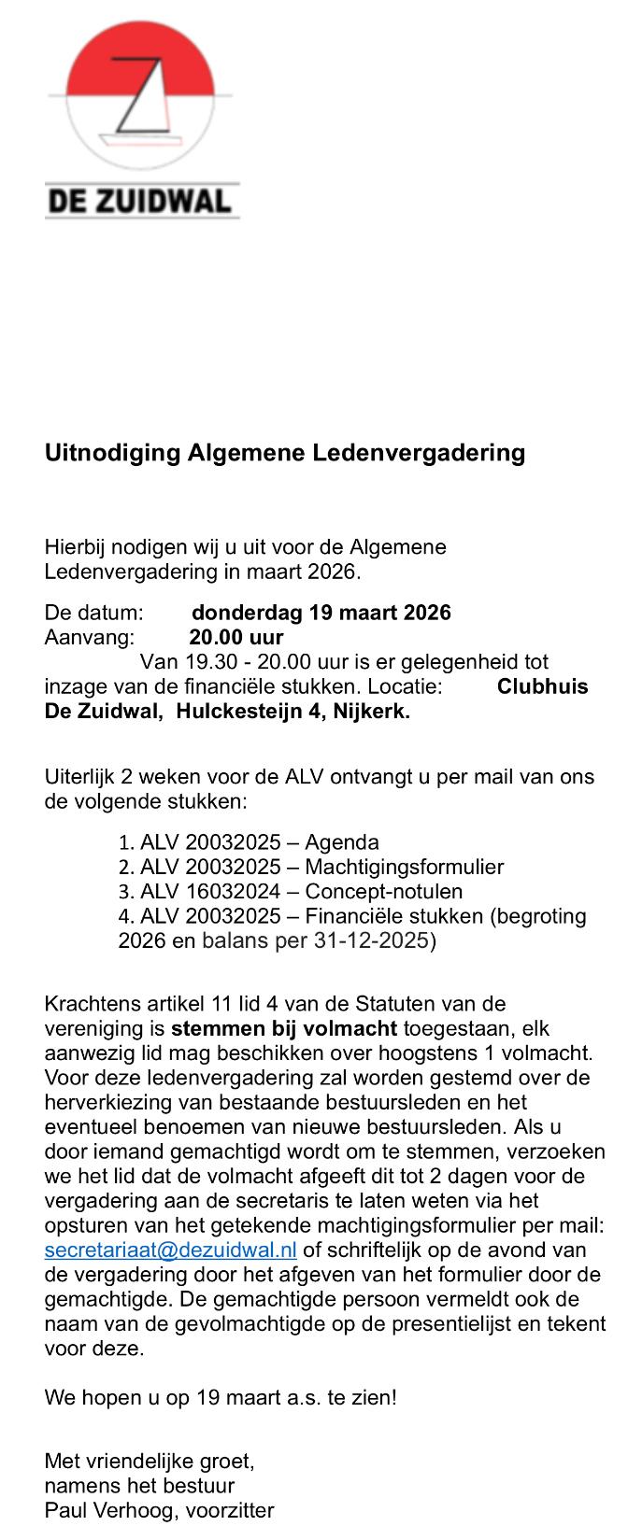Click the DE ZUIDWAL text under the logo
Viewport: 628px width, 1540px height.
tap(140, 200)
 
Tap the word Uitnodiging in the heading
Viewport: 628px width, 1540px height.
tap(112, 453)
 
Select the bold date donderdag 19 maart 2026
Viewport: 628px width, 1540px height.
tap(321, 613)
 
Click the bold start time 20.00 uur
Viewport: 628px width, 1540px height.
tap(235, 637)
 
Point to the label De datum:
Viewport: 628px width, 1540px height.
tap(93, 613)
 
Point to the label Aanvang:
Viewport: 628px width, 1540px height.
tap(90, 637)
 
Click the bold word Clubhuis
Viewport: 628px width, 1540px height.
tap(542, 686)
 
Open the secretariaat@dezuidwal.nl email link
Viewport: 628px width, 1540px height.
tap(170, 1250)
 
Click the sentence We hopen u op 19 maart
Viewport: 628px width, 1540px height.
tap(221, 1398)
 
